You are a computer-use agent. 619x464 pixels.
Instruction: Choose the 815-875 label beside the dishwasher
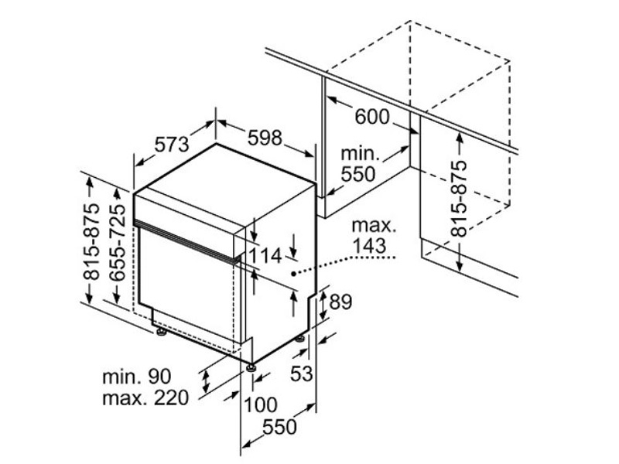coord(91,242)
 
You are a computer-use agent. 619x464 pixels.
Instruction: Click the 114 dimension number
coord(265,256)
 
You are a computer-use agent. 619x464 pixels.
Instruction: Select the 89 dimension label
coord(340,302)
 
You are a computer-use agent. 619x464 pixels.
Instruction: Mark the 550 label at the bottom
coord(279,427)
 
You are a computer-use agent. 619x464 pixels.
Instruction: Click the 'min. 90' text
coord(136,377)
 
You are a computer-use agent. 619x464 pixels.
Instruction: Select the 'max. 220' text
coord(145,399)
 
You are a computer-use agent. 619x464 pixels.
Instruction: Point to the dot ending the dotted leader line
coord(292,273)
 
